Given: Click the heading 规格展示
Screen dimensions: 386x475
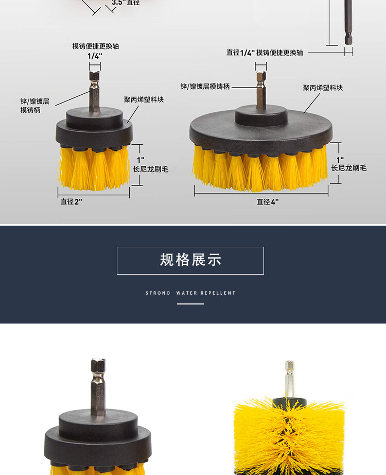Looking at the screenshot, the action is tap(190, 260).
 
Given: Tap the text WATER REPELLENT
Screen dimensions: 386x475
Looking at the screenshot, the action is tap(206, 293).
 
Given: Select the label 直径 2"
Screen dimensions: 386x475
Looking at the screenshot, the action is tap(71, 201).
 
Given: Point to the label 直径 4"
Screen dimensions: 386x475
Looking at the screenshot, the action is tap(268, 202).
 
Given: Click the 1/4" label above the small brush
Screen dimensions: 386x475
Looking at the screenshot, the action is tap(95, 56).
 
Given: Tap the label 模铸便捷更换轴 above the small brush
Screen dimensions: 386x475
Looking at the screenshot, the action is tap(95, 46).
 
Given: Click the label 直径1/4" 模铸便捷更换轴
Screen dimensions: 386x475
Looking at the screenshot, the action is tap(265, 53).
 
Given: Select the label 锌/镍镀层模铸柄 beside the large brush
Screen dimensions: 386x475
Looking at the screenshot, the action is tap(205, 87).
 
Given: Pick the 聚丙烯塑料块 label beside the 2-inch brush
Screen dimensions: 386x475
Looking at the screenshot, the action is tap(144, 99).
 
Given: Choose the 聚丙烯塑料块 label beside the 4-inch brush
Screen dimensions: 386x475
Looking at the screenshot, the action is tap(323, 88).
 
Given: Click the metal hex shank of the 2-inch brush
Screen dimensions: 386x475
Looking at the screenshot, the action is tap(95, 91).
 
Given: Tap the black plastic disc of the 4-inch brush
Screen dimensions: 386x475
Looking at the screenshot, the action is tap(261, 130).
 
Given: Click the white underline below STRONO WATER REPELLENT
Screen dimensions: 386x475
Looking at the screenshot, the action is tap(190, 304).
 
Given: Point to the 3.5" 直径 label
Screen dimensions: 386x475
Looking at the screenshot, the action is tap(126, 3).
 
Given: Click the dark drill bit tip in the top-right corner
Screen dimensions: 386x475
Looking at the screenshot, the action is tap(348, 23).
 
